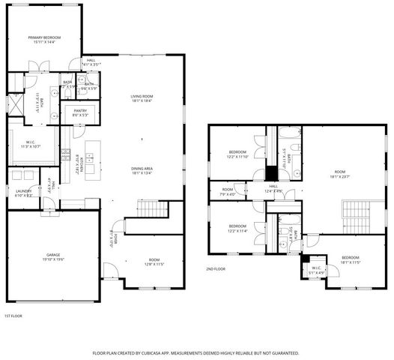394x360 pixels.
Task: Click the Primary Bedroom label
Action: [x=44, y=39]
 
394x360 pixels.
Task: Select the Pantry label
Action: [x=79, y=112]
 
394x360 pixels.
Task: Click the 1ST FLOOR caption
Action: [x=13, y=316]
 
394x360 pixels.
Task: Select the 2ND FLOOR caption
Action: [x=216, y=268]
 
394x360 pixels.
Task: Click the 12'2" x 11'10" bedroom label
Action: [x=237, y=154]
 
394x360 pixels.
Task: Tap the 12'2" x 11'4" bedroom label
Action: [x=237, y=228]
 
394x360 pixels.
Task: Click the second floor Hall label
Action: [x=273, y=188]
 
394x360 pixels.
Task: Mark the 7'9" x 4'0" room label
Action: [x=228, y=191]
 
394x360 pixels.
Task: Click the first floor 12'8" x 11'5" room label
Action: [x=154, y=262]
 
